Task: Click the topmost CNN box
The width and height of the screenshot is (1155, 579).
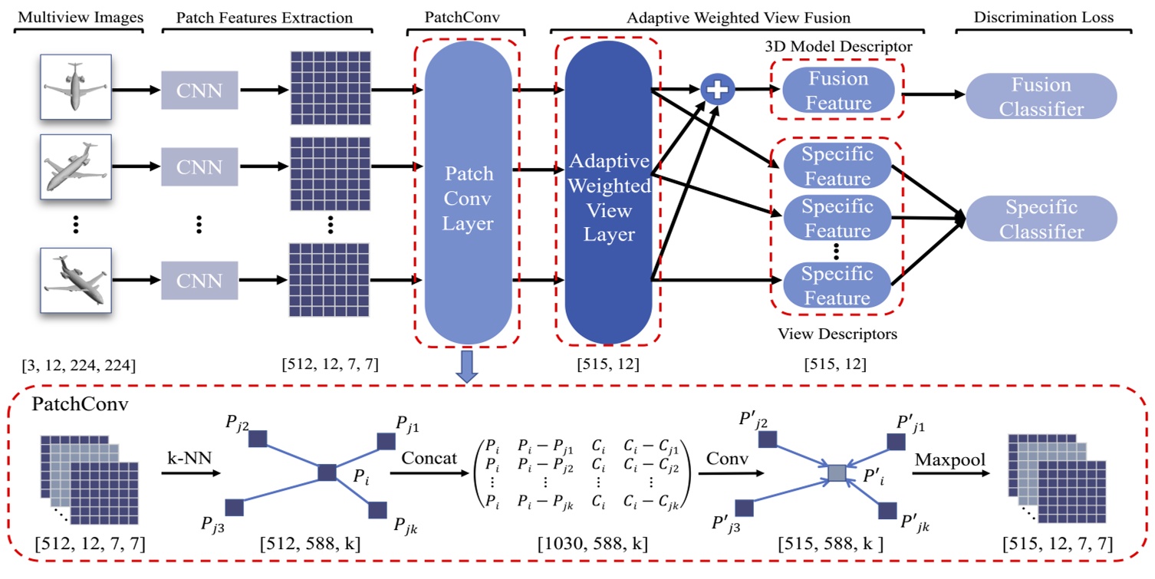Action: coord(200,90)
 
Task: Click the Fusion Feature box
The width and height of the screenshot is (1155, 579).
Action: coord(837,90)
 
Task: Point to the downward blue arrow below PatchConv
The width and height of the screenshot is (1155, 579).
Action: coord(467,367)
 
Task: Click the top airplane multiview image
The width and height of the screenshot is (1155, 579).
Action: coord(77,85)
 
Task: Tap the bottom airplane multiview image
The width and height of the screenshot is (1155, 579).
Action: coord(77,280)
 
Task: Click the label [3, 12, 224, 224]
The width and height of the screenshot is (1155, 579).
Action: coord(77,365)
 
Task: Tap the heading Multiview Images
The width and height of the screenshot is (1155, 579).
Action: coord(77,17)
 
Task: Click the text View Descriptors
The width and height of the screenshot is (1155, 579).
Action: coord(837,334)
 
